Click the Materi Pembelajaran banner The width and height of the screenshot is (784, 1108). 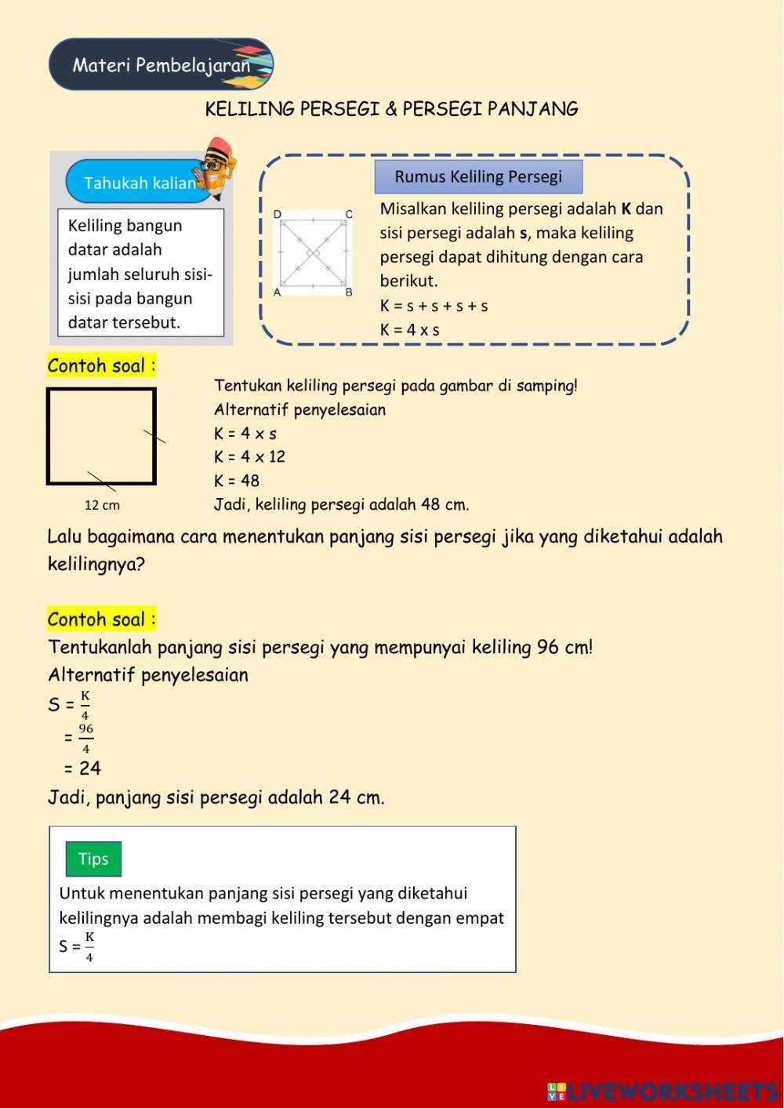pos(161,64)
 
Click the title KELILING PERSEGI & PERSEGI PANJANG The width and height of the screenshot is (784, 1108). pos(391,109)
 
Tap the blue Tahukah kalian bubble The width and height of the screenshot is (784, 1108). pos(139,183)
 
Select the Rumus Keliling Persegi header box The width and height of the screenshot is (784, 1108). pos(478,177)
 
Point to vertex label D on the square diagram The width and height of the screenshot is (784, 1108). pos(278,214)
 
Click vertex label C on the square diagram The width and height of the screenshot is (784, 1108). pos(349,214)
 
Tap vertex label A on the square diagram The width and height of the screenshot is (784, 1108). pos(278,292)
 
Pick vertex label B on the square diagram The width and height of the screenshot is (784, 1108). pos(349,292)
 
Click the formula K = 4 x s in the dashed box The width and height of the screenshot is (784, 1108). pos(409,330)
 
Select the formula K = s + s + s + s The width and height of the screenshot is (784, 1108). pos(434,306)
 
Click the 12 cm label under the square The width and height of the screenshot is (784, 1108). pos(102,505)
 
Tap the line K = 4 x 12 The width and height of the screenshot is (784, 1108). pos(249,457)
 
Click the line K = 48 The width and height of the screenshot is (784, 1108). pos(237,481)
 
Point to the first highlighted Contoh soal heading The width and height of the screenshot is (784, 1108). pos(102,366)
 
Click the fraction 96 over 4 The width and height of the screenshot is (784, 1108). pos(85,738)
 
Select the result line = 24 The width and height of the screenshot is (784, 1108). pos(82,768)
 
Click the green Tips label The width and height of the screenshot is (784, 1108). pos(93,859)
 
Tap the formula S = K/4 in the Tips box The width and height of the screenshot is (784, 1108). pos(77,946)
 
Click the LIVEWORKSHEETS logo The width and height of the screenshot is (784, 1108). pos(662,1091)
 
